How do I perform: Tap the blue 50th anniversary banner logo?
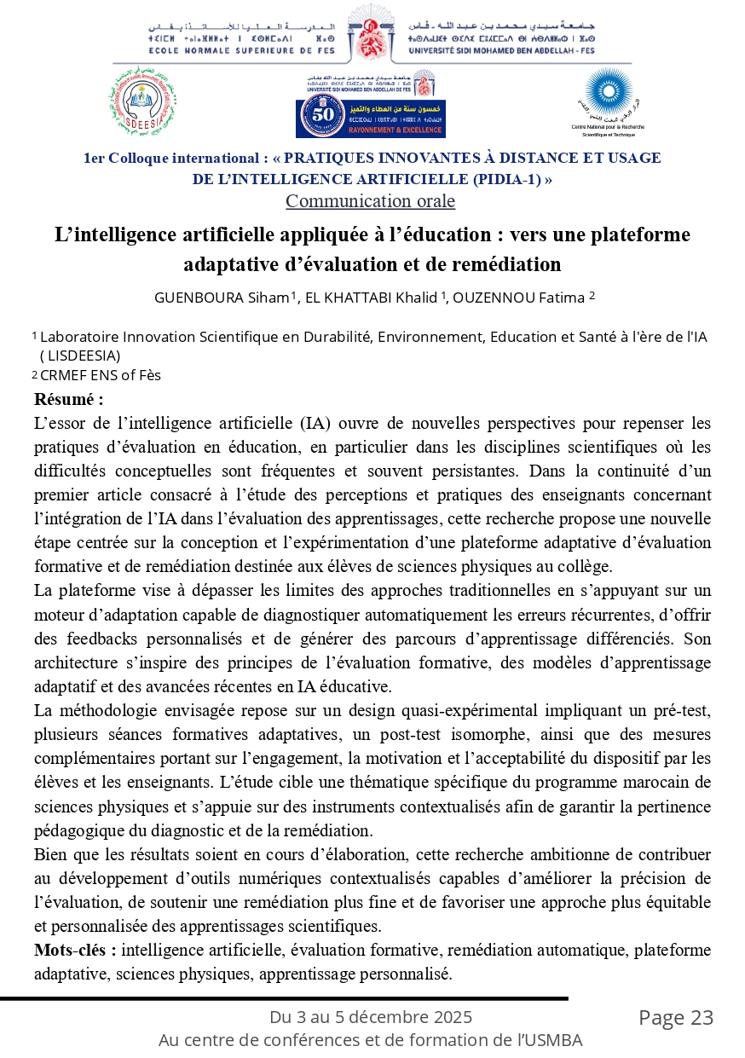[371, 118]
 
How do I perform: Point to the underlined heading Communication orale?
[370, 201]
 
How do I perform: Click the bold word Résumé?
[68, 399]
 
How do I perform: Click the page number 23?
[702, 1018]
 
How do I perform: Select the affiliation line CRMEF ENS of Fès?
[101, 375]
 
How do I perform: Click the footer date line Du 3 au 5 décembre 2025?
[371, 1017]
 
